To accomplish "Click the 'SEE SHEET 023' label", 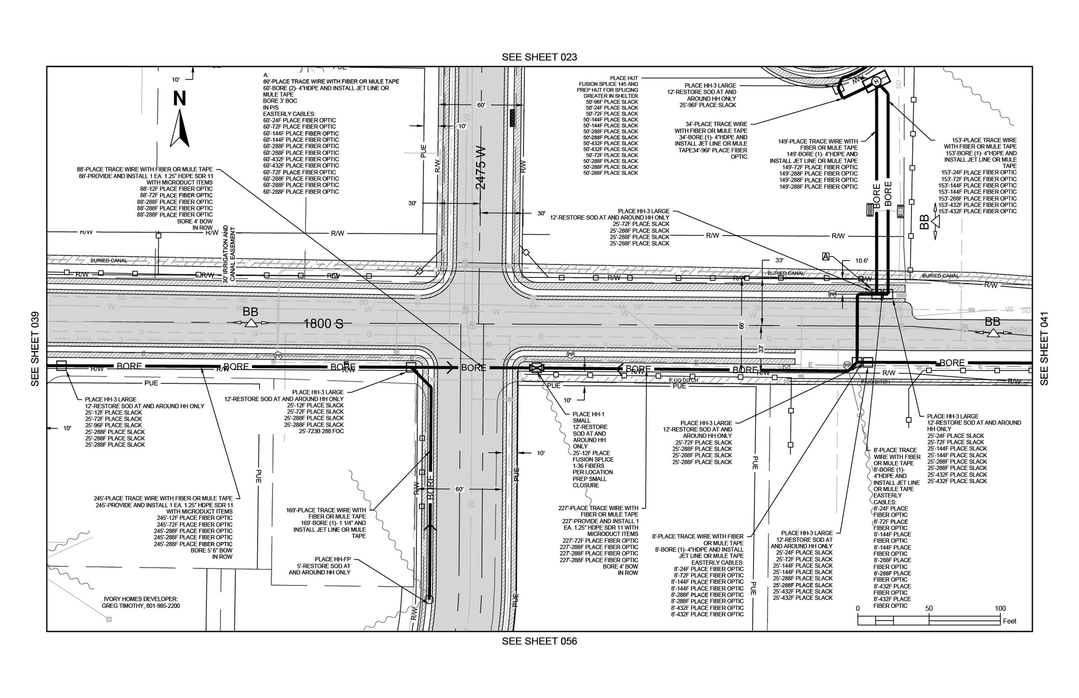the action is pyautogui.click(x=539, y=57).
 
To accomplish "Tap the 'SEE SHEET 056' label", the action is pyautogui.click(x=539, y=641).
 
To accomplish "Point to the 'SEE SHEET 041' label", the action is pyautogui.click(x=1044, y=349).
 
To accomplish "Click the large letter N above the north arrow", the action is pyautogui.click(x=180, y=99).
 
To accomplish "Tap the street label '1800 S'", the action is pyautogui.click(x=323, y=324).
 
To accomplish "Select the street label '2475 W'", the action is pyautogui.click(x=480, y=168).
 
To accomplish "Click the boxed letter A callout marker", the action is pyautogui.click(x=826, y=257).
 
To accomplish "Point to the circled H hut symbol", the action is pyautogui.click(x=876, y=82).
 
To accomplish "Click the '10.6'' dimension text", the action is pyautogui.click(x=861, y=261).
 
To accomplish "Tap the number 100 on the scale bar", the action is pyautogui.click(x=1000, y=609).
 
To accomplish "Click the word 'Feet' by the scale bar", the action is pyautogui.click(x=1010, y=621).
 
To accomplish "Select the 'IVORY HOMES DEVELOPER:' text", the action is pyautogui.click(x=141, y=599).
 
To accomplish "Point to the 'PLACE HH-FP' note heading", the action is pyautogui.click(x=333, y=560).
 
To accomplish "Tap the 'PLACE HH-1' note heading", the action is pyautogui.click(x=588, y=414).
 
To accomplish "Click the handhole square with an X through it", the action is pyautogui.click(x=536, y=368).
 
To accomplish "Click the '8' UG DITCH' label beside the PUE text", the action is pyautogui.click(x=683, y=380).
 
